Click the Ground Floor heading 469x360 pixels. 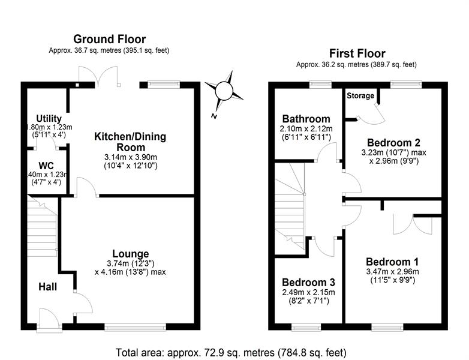tap(110, 39)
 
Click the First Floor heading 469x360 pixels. tap(357, 53)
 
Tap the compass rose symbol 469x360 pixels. tap(224, 91)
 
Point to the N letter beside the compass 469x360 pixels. tap(214, 116)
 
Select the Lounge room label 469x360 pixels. tap(130, 254)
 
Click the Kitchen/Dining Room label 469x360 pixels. tap(130, 142)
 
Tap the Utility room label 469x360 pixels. tap(49, 119)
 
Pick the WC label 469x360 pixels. tap(46, 166)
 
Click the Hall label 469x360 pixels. tap(47, 287)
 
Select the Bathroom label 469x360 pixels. tap(306, 119)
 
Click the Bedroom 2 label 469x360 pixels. tap(393, 142)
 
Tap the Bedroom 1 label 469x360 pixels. tap(392, 262)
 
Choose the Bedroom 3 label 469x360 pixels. tap(308, 282)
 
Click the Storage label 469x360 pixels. tap(360, 96)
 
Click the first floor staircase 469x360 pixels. tap(290, 209)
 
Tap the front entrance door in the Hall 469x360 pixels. tap(49, 320)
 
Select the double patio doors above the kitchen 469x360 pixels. tap(98, 77)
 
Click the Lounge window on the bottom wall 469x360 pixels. tap(135, 327)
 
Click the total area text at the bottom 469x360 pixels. tap(231, 353)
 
